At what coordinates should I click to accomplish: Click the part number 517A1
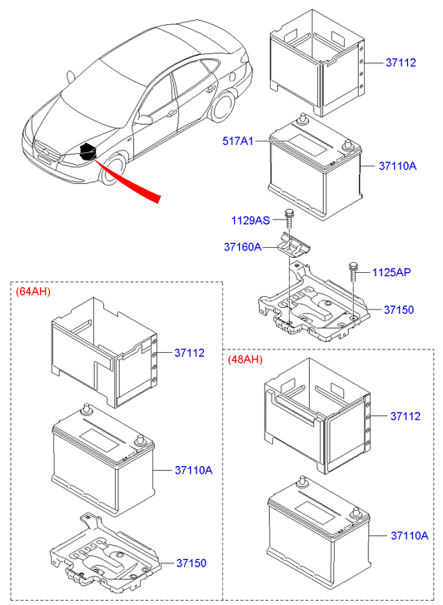[x=237, y=141]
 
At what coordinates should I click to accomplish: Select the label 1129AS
[x=250, y=221]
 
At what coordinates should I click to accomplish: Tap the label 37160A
[x=242, y=247]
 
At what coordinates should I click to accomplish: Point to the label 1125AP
[x=391, y=272]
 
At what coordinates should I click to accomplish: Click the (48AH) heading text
[x=245, y=360]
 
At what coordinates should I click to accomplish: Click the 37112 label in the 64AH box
[x=189, y=353]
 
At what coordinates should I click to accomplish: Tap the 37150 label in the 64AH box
[x=189, y=563]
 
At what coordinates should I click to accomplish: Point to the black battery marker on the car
[x=87, y=152]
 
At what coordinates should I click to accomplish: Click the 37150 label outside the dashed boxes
[x=399, y=310]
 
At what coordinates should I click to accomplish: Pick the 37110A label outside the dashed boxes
[x=398, y=166]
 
